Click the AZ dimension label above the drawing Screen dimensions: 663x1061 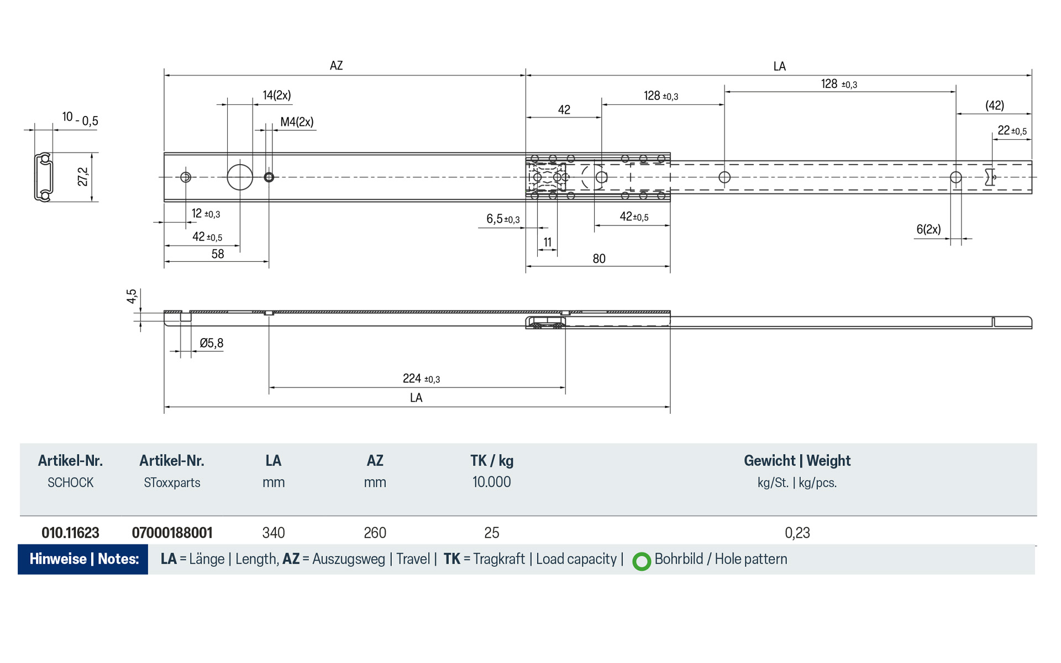tap(336, 66)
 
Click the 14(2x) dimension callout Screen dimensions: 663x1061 tap(276, 95)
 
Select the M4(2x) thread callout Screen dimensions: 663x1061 tap(297, 122)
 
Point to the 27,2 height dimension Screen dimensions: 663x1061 tap(83, 177)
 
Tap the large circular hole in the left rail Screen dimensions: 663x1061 tap(240, 177)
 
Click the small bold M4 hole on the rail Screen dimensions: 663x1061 tap(269, 177)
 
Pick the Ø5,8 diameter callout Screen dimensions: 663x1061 tap(211, 343)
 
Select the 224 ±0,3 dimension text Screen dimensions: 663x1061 tap(421, 378)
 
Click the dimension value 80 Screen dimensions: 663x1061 tap(599, 259)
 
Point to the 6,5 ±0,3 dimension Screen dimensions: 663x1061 tap(502, 219)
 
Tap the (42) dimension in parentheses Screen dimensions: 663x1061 tap(994, 106)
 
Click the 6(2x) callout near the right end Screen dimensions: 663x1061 tap(928, 229)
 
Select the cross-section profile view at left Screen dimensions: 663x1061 tap(44, 177)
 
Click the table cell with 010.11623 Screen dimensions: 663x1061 tap(70, 533)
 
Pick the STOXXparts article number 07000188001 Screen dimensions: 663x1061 tap(172, 533)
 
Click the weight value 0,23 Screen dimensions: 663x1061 tap(797, 533)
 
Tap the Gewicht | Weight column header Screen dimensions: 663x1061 tap(797, 461)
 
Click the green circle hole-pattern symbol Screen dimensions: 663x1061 tap(642, 561)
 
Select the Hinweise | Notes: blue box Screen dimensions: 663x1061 tap(83, 559)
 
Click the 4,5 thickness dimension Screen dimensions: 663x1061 tap(132, 296)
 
